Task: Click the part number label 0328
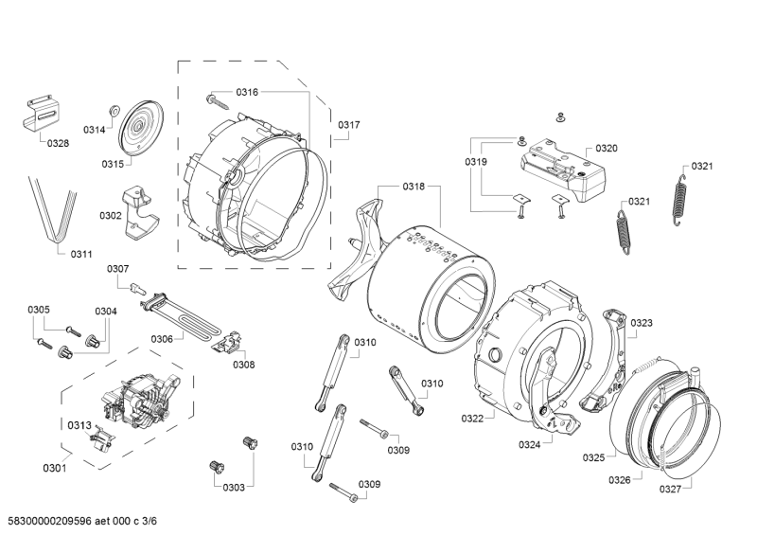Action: [58, 144]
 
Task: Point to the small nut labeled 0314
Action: [113, 111]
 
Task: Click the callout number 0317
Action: [348, 125]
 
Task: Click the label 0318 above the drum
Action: [413, 187]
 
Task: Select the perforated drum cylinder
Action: [431, 284]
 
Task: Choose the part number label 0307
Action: [117, 269]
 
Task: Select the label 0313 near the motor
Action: [79, 424]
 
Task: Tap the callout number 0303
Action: [233, 487]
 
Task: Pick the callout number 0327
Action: [670, 489]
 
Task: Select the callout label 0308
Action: [244, 365]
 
